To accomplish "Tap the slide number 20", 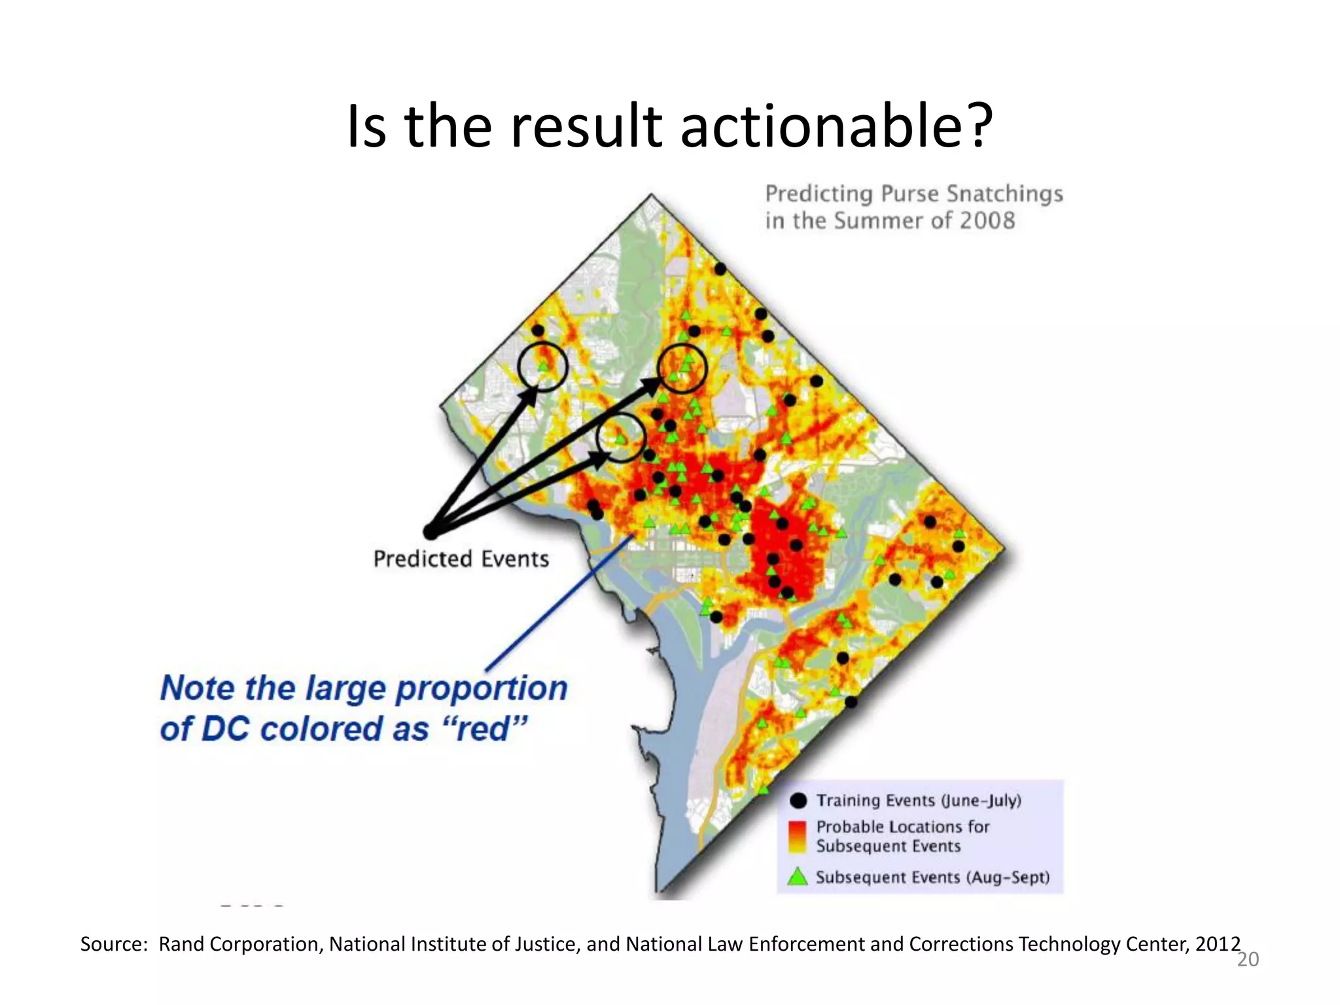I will click(1247, 960).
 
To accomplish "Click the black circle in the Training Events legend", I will click(798, 800).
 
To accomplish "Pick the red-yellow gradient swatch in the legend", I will click(798, 837).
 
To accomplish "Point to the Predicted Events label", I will click(461, 559).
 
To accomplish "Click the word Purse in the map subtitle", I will click(909, 194).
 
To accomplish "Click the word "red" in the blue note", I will click(484, 729).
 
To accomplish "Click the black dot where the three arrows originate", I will click(430, 532).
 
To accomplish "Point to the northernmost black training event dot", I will click(720, 269).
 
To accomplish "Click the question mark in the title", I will click(979, 126).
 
